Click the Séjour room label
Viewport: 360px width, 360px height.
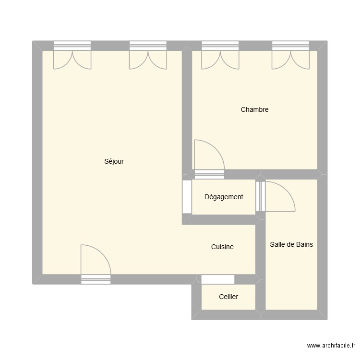click(x=114, y=162)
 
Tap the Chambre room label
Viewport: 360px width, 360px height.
click(x=254, y=109)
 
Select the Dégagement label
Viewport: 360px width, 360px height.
click(x=224, y=197)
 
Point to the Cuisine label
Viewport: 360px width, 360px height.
click(x=222, y=247)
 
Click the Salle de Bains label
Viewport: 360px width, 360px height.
click(x=291, y=244)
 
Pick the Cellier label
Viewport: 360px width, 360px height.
click(x=228, y=297)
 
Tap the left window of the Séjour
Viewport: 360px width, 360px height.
click(x=72, y=46)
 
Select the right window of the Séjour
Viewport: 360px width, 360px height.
click(x=148, y=46)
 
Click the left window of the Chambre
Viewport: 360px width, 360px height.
click(x=220, y=46)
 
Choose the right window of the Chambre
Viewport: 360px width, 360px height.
click(x=291, y=46)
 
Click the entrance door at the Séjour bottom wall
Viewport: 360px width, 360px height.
click(x=96, y=279)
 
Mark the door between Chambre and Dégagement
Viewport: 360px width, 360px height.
click(x=209, y=174)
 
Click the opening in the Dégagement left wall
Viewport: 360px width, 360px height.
click(x=187, y=196)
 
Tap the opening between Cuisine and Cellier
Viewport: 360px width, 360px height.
click(x=218, y=279)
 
